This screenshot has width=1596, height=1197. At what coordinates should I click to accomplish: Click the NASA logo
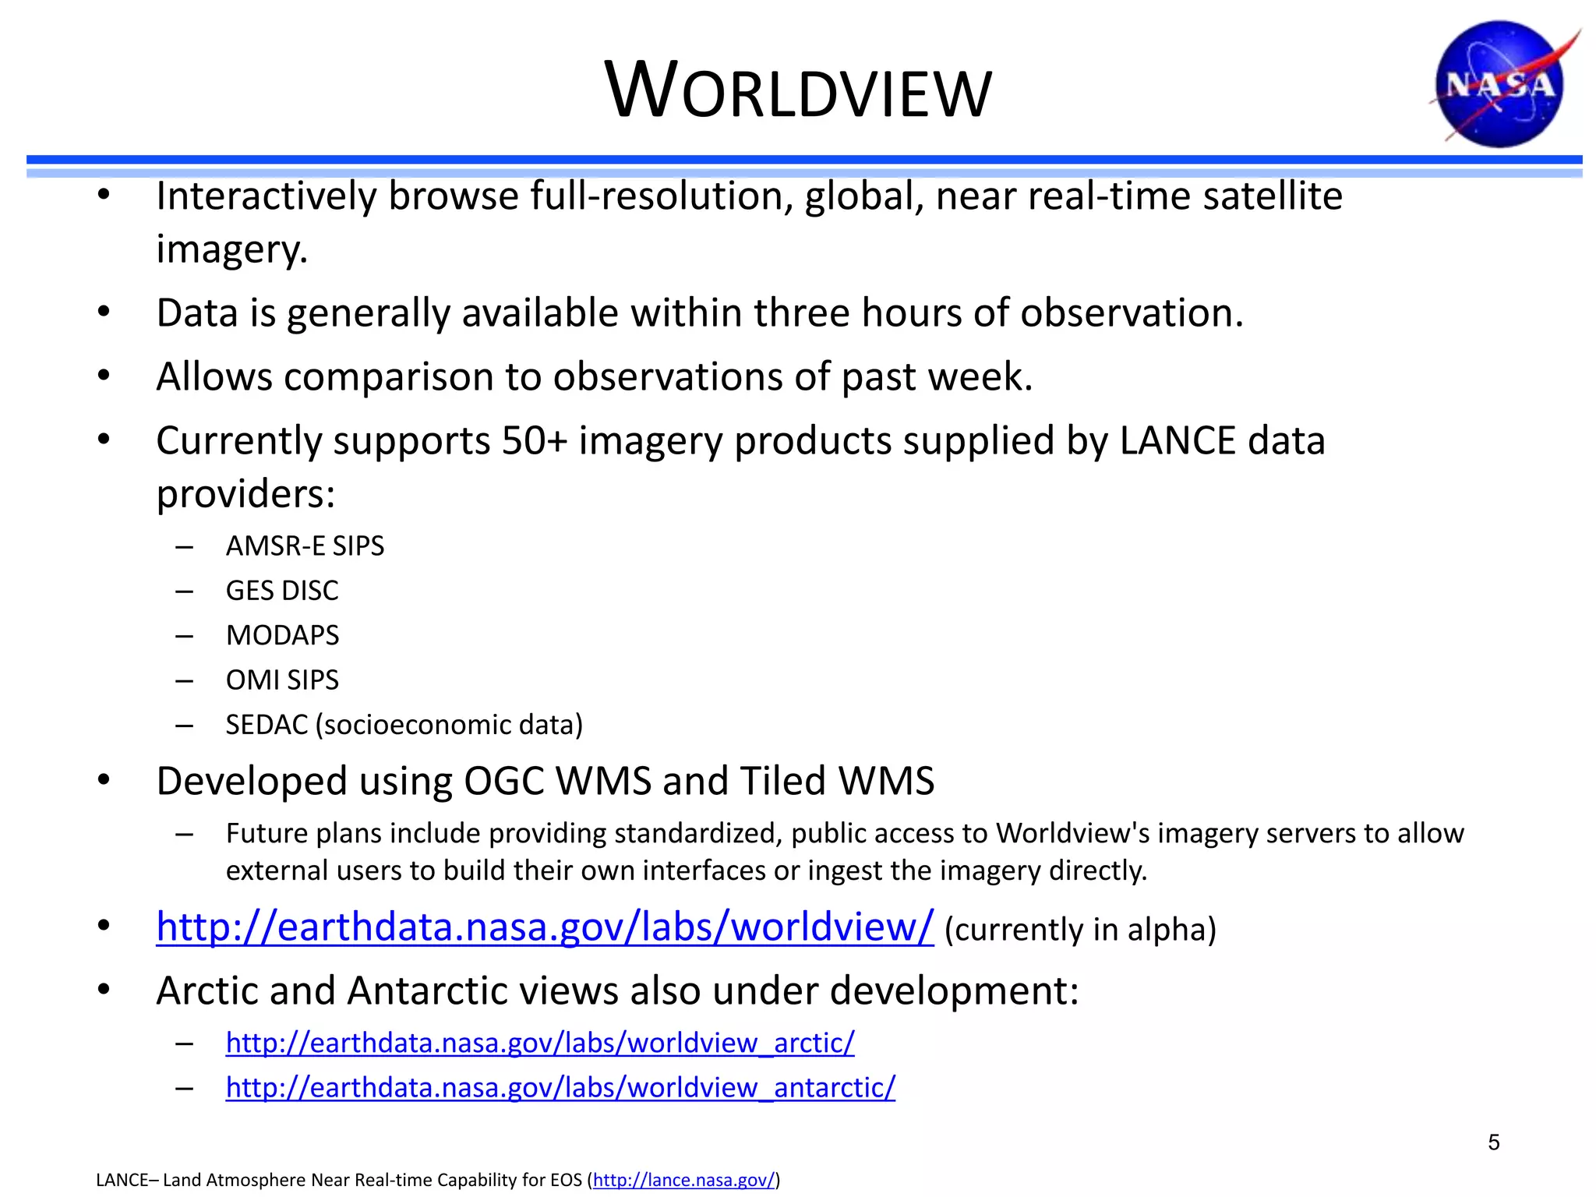point(1500,84)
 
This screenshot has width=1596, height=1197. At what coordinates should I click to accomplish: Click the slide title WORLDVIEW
point(798,92)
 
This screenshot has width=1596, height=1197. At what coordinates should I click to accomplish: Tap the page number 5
point(1493,1142)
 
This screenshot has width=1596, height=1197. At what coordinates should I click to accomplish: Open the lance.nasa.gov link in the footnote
point(684,1180)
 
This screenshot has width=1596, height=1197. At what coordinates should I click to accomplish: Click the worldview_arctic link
point(539,1043)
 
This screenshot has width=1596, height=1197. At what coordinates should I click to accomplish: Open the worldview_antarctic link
point(560,1087)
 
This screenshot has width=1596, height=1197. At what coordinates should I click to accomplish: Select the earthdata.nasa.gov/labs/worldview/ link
point(545,927)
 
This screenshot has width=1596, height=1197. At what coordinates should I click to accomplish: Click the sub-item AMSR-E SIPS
point(305,546)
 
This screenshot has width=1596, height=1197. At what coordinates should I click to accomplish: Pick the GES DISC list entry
point(282,591)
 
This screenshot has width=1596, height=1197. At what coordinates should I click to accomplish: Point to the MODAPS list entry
point(282,635)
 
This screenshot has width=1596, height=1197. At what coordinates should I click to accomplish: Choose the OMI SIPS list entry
point(282,680)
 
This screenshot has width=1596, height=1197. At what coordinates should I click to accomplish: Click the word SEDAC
point(267,725)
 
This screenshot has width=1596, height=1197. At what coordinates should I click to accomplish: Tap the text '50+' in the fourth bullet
point(534,441)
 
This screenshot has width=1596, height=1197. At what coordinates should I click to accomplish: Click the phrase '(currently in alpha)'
point(1080,930)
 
